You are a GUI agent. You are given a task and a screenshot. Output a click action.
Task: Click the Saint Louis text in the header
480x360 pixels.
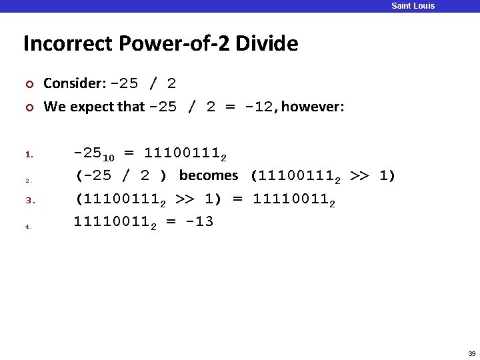click(413, 6)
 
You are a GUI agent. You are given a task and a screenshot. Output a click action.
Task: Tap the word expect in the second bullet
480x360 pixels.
click(92, 107)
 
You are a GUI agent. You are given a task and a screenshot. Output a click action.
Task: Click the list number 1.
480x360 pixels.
click(29, 155)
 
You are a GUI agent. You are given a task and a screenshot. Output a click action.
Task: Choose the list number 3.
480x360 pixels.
click(29, 200)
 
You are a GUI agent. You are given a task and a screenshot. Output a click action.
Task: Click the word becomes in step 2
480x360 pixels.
click(209, 175)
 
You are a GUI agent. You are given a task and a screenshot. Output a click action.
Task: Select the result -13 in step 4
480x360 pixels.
click(199, 221)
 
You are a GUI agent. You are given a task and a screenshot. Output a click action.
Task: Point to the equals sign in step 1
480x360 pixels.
click(129, 153)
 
